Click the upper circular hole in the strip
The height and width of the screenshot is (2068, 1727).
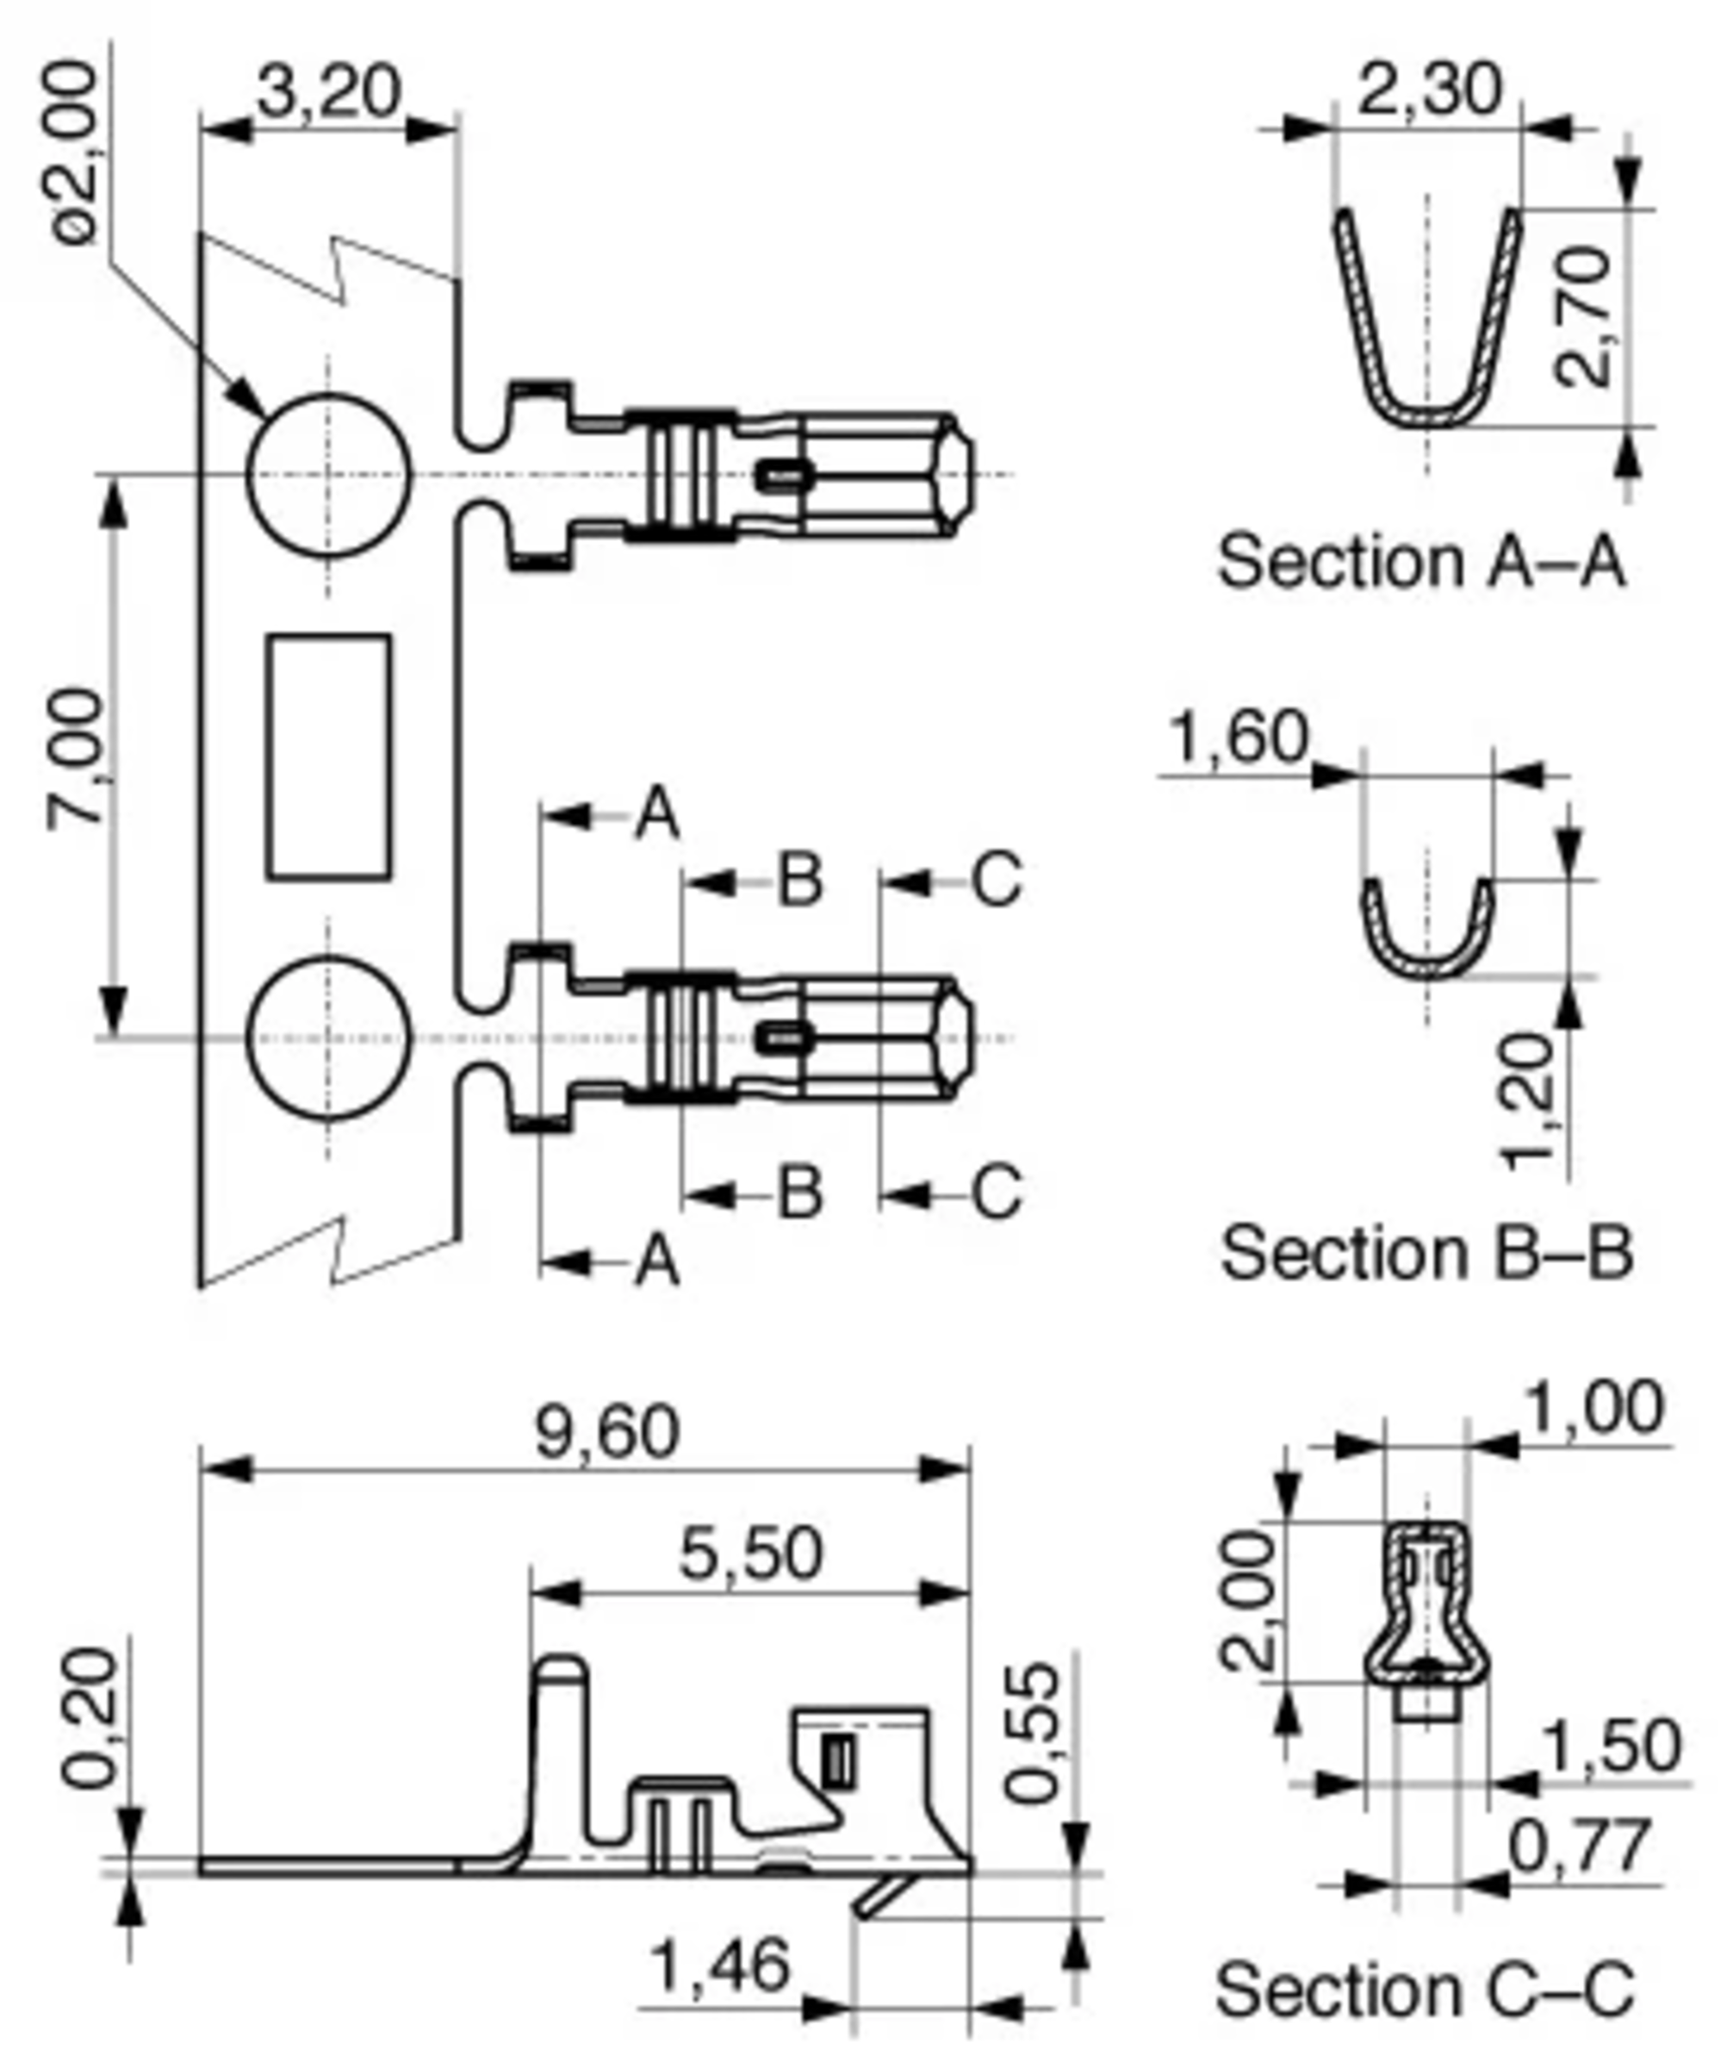[x=328, y=475]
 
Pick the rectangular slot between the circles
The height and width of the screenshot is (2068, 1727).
[x=329, y=757]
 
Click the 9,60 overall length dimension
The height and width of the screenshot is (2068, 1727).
[x=607, y=1433]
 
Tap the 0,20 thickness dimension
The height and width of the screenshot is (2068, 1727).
[x=90, y=1718]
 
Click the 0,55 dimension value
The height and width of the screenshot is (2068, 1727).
[x=1034, y=1733]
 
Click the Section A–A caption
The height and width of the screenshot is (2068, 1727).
[x=1420, y=561]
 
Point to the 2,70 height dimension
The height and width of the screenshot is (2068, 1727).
[x=1583, y=317]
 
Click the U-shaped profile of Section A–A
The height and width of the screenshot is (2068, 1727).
[x=1427, y=414]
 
